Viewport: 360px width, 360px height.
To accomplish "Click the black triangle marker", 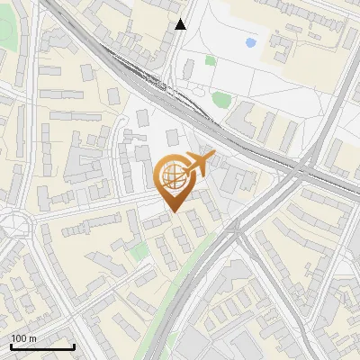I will tap(181, 24).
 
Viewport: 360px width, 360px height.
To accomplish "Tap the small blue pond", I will tap(250, 42).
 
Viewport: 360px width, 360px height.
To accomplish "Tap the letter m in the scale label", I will tap(33, 338).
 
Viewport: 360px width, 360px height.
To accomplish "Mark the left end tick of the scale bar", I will tap(11, 346).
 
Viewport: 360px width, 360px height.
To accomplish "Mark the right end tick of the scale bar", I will tap(74, 346).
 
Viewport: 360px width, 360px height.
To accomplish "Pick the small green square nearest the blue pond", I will tap(210, 60).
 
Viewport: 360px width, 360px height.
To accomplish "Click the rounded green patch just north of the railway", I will tap(220, 98).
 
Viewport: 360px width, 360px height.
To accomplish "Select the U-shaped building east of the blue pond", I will tap(290, 40).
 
